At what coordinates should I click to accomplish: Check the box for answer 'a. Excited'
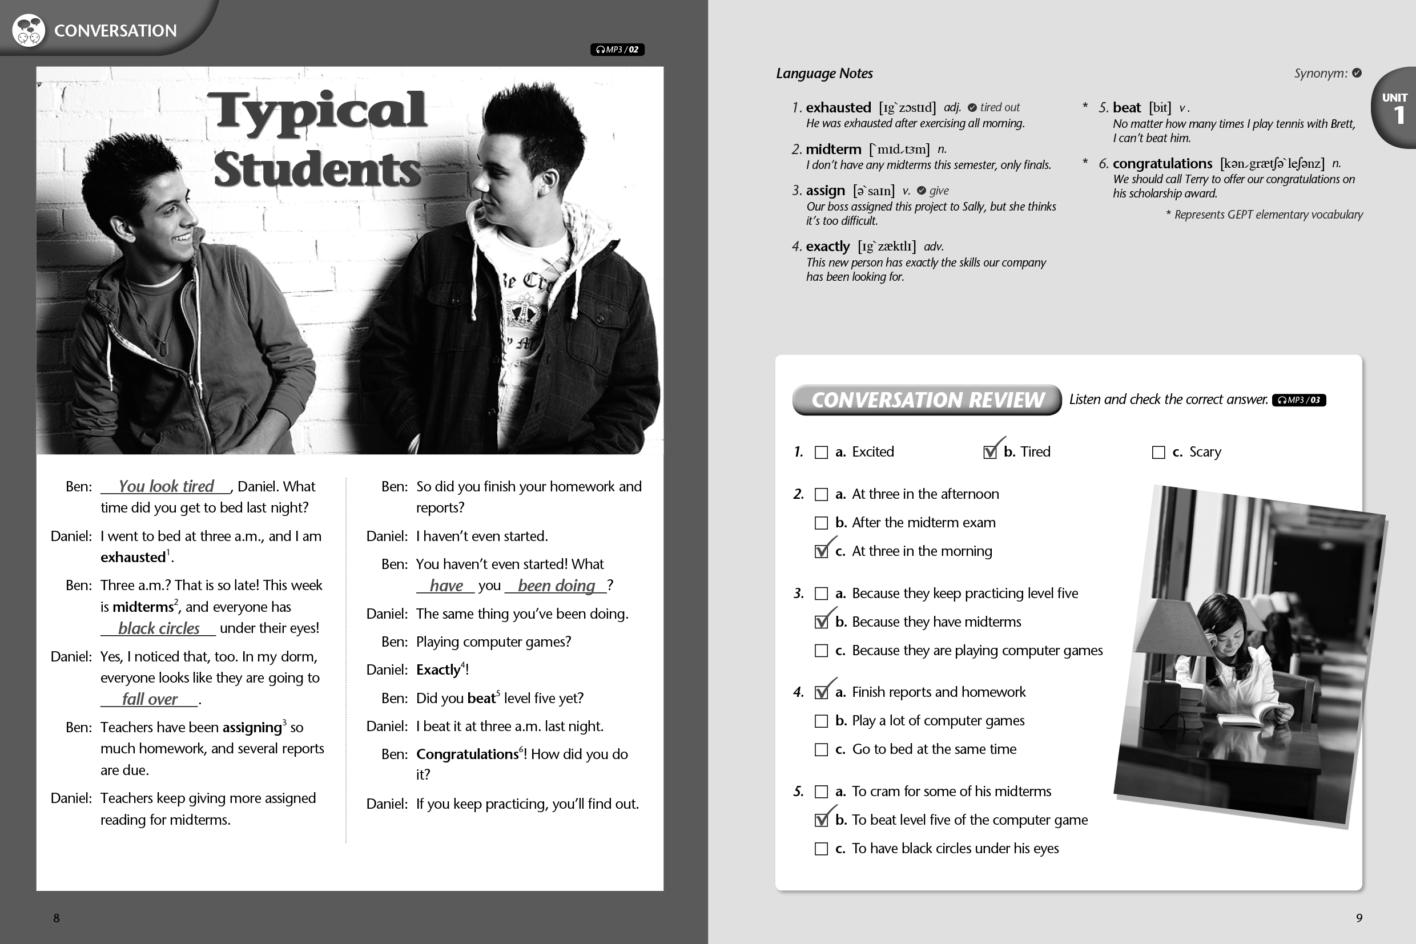pyautogui.click(x=821, y=452)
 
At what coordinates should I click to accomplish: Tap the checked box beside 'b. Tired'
pyautogui.click(x=989, y=452)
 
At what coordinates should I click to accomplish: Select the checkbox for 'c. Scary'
pyautogui.click(x=1157, y=452)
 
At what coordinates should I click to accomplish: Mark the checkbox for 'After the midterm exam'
pyautogui.click(x=821, y=523)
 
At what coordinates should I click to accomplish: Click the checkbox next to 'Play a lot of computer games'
pyautogui.click(x=821, y=721)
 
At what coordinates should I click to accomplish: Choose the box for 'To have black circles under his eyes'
pyautogui.click(x=821, y=849)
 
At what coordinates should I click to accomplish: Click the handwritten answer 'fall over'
pyautogui.click(x=150, y=699)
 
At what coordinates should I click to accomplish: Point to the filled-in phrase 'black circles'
pyautogui.click(x=158, y=628)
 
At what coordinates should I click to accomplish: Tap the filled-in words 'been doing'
pyautogui.click(x=556, y=585)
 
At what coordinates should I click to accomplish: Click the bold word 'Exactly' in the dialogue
pyautogui.click(x=439, y=669)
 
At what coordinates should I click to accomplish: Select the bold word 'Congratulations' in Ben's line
pyautogui.click(x=467, y=755)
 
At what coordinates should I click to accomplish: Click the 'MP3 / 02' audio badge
pyautogui.click(x=617, y=49)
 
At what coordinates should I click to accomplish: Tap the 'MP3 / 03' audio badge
pyautogui.click(x=1298, y=400)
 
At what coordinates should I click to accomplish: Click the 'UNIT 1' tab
pyautogui.click(x=1394, y=108)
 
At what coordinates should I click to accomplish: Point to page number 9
pyautogui.click(x=1359, y=918)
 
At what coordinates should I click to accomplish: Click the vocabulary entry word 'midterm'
pyautogui.click(x=834, y=150)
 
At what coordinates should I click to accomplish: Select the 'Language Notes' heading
pyautogui.click(x=824, y=74)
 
